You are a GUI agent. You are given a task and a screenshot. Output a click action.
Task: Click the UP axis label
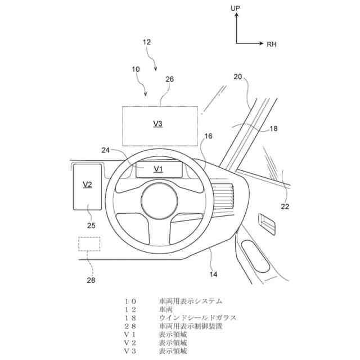[x=236, y=8]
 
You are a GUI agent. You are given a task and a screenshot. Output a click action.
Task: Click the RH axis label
[x=272, y=43]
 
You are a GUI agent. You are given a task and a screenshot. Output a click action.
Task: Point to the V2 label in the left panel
[x=87, y=184]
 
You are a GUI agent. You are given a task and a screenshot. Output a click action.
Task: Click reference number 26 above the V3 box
[x=170, y=80]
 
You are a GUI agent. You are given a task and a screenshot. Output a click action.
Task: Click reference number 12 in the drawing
[x=147, y=42]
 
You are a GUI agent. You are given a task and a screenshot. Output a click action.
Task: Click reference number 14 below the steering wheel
[x=214, y=274]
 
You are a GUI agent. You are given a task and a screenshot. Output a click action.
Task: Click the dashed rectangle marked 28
[x=89, y=244]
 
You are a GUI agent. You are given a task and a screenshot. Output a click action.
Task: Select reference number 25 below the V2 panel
[x=92, y=226]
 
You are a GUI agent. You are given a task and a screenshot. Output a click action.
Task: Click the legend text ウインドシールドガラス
[x=197, y=318]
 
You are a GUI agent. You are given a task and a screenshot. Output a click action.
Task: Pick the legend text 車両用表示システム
[x=191, y=301]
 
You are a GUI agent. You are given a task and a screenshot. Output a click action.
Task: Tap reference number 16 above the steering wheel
[x=208, y=136]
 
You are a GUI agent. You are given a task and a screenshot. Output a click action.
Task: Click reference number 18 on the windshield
[x=273, y=128]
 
